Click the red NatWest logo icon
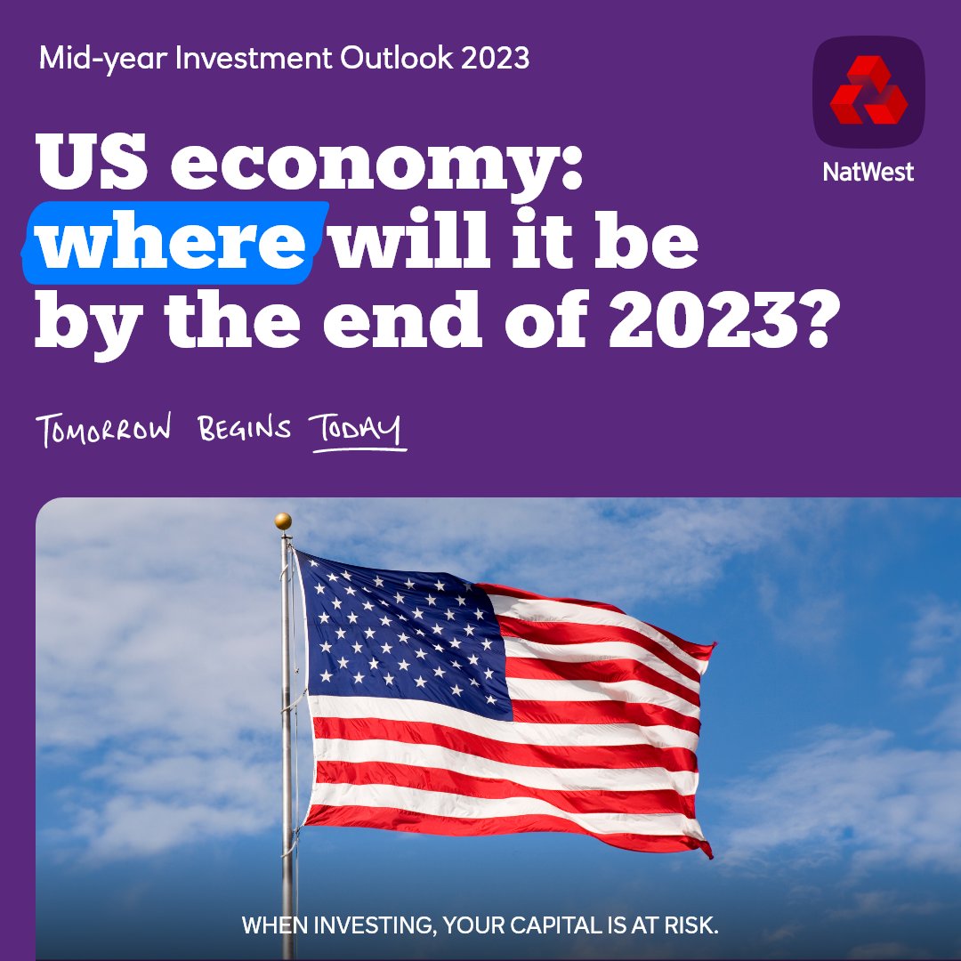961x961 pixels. click(x=868, y=91)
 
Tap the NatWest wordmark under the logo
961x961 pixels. click(x=868, y=171)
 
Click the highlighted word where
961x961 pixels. click(x=174, y=239)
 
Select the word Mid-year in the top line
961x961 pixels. click(x=94, y=59)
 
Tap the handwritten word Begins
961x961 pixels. click(x=244, y=429)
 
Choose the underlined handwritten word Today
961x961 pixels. click(x=356, y=429)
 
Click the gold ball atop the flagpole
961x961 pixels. click(x=283, y=521)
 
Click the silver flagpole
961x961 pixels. click(x=287, y=756)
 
